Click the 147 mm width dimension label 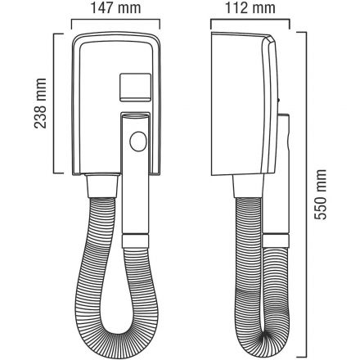coord(115,7)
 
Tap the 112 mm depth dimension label coord(250,8)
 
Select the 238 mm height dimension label coord(40,103)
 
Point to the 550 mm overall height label coord(320,195)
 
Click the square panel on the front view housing coord(135,88)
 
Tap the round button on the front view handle coord(138,142)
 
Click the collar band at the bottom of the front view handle coord(136,241)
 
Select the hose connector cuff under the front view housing coord(102,187)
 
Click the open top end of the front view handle coord(136,116)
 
